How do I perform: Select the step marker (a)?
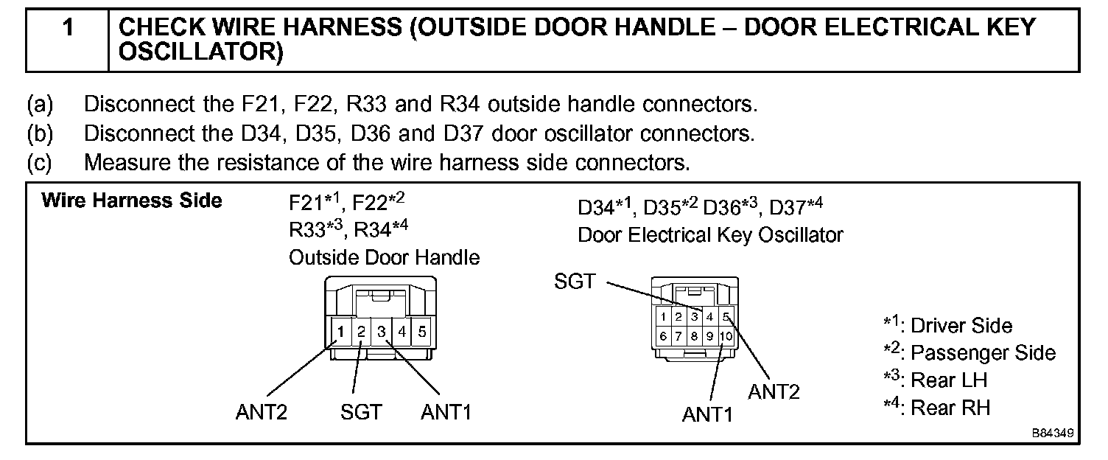[x=41, y=104]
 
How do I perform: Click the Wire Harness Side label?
[x=132, y=201]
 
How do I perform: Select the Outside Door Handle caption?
[x=384, y=257]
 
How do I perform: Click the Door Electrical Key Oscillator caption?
[x=710, y=235]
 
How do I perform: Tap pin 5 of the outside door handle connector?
[x=421, y=332]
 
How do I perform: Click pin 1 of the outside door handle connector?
[x=341, y=332]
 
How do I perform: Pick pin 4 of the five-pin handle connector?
[x=402, y=332]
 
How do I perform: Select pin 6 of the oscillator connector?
[x=664, y=336]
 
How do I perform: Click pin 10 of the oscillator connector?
[x=726, y=336]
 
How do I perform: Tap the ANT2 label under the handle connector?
[x=261, y=412]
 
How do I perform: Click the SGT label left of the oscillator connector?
[x=575, y=282]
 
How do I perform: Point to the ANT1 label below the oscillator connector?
[x=707, y=414]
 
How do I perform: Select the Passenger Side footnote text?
[x=983, y=353]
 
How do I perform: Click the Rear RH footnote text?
[x=950, y=408]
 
